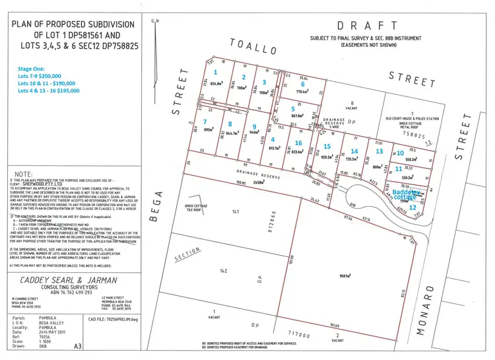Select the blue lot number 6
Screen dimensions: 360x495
tap(302, 85)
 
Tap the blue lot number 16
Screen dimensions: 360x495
tap(298, 143)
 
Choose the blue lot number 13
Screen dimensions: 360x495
tap(379, 151)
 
